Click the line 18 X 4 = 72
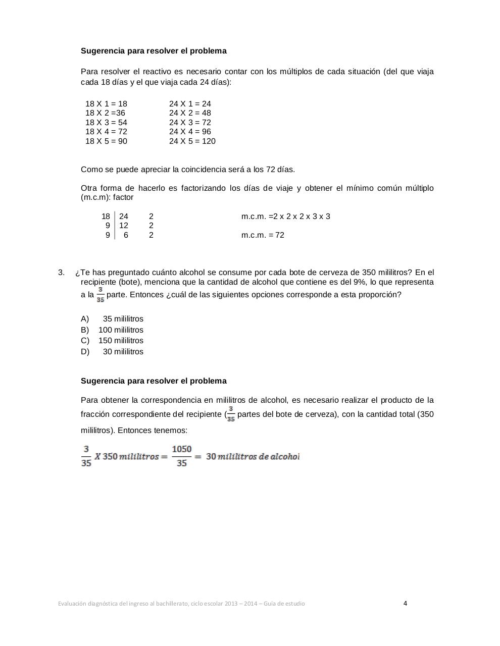tap(106, 132)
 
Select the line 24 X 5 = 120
tap(192, 141)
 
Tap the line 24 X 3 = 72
tap(190, 123)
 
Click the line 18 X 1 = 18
tap(106, 104)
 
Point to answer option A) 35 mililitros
tap(112, 319)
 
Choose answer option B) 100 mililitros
tap(112, 330)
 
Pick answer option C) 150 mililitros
tap(112, 341)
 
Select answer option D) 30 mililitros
tap(112, 352)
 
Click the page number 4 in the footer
tap(405, 603)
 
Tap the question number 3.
tap(61, 273)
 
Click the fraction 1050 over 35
tap(181, 456)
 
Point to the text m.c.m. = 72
tap(263, 235)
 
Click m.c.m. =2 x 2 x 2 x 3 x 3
tap(285, 217)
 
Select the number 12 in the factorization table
tap(124, 226)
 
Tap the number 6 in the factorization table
tap(126, 235)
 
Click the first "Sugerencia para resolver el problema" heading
tap(154, 51)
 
